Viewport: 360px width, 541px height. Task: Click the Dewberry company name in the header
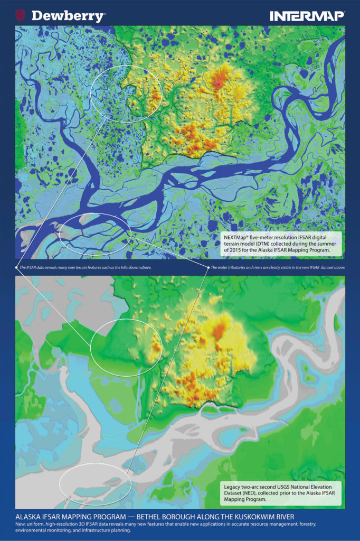point(68,16)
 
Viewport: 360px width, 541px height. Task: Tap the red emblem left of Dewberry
point(21,15)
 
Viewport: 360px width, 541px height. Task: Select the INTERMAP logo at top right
point(307,16)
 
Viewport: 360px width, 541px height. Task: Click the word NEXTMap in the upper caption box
point(236,238)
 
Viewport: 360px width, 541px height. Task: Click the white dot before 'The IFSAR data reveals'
point(16,268)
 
